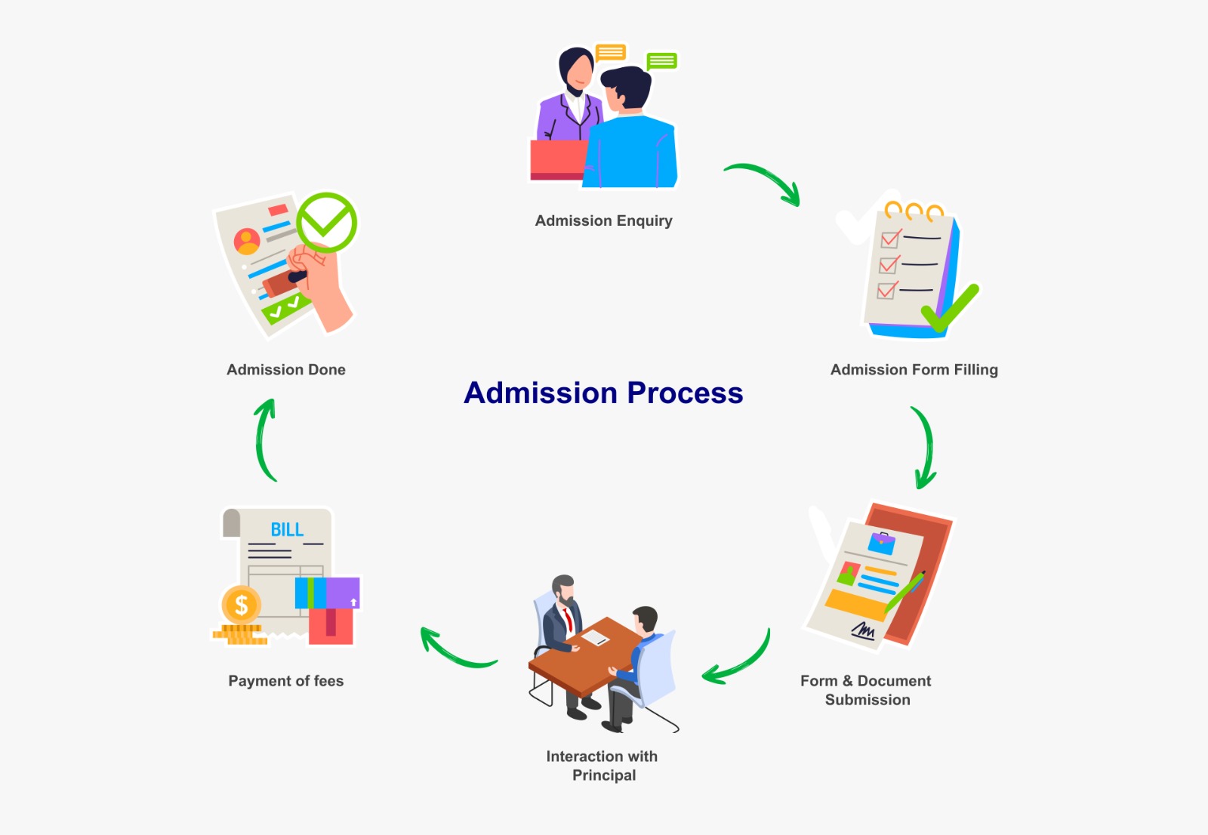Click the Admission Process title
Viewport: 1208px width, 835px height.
point(603,393)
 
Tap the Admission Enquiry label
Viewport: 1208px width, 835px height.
point(603,220)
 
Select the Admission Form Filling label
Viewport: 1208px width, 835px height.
point(914,370)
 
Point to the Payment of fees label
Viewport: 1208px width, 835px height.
point(285,681)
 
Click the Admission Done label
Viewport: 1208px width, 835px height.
point(286,370)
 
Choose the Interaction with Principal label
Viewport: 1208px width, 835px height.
point(602,766)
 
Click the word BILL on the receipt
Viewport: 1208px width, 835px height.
point(287,530)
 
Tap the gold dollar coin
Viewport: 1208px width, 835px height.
point(242,605)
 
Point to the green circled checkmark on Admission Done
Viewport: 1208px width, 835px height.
point(326,222)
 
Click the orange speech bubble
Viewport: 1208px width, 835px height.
point(610,52)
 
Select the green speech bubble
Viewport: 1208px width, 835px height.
point(661,61)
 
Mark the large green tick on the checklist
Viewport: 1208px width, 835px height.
point(950,309)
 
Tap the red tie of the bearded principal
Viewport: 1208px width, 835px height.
point(567,619)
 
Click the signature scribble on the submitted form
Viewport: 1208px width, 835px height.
point(863,630)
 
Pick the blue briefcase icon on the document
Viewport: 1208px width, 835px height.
point(881,542)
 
